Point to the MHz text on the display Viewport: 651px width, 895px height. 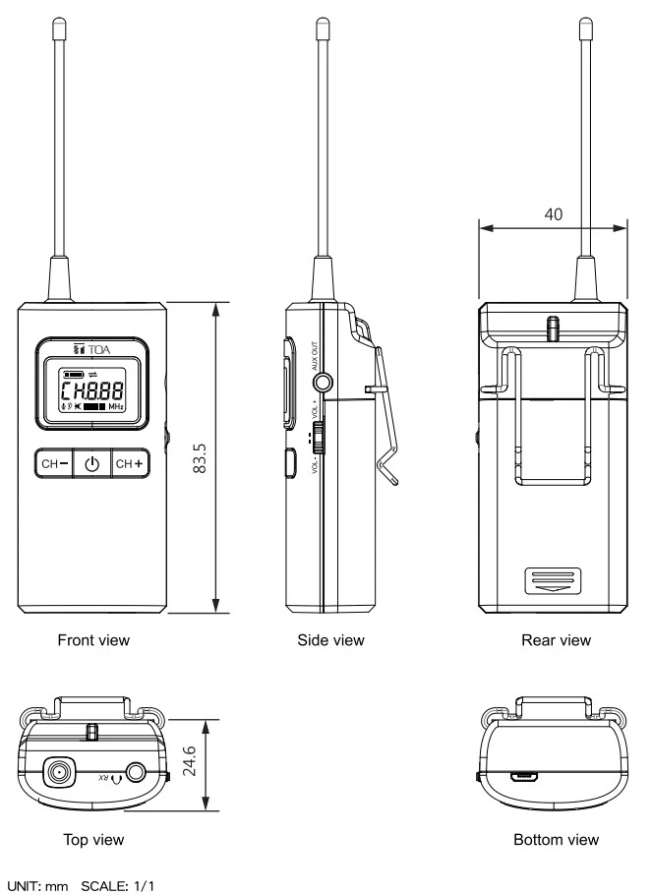point(116,405)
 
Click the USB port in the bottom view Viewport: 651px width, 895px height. point(524,775)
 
